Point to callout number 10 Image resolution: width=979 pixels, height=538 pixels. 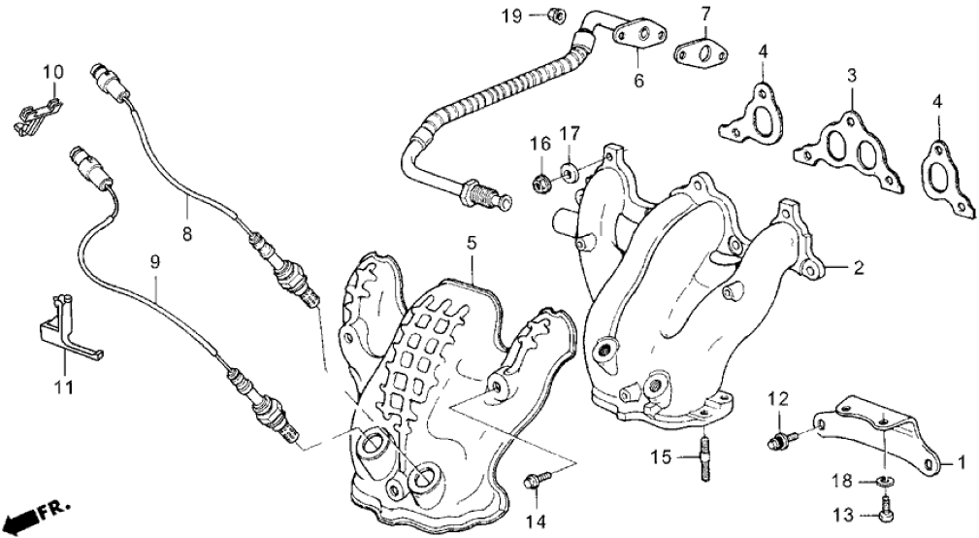click(x=52, y=72)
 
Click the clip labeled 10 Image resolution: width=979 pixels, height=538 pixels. click(x=34, y=111)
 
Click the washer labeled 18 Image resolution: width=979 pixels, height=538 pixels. click(x=885, y=480)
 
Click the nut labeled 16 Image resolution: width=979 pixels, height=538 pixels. click(x=541, y=180)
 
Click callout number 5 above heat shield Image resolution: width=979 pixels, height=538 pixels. click(x=472, y=242)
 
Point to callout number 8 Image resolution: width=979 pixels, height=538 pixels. click(x=187, y=234)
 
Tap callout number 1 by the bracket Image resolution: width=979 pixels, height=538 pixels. click(x=962, y=462)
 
